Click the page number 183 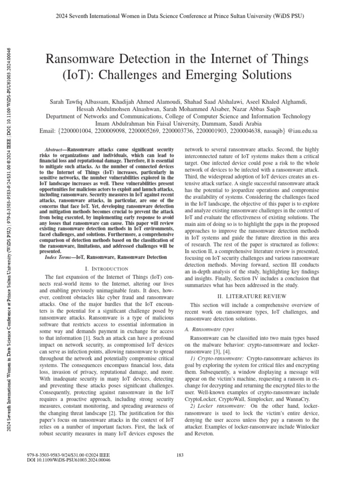180,456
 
